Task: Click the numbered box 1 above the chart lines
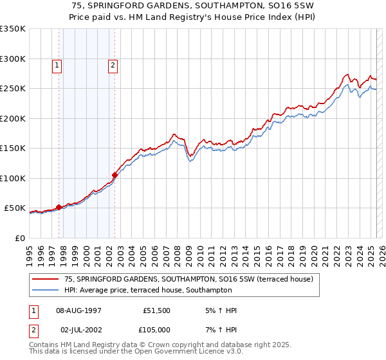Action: pyautogui.click(x=57, y=64)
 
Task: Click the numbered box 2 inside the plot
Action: pyautogui.click(x=113, y=64)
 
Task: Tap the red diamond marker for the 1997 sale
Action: pyautogui.click(x=59, y=207)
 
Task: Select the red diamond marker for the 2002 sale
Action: pyautogui.click(x=115, y=175)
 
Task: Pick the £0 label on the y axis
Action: pyautogui.click(x=20, y=238)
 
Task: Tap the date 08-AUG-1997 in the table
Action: pyautogui.click(x=79, y=310)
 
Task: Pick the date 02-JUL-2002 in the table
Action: pyautogui.click(x=78, y=329)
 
